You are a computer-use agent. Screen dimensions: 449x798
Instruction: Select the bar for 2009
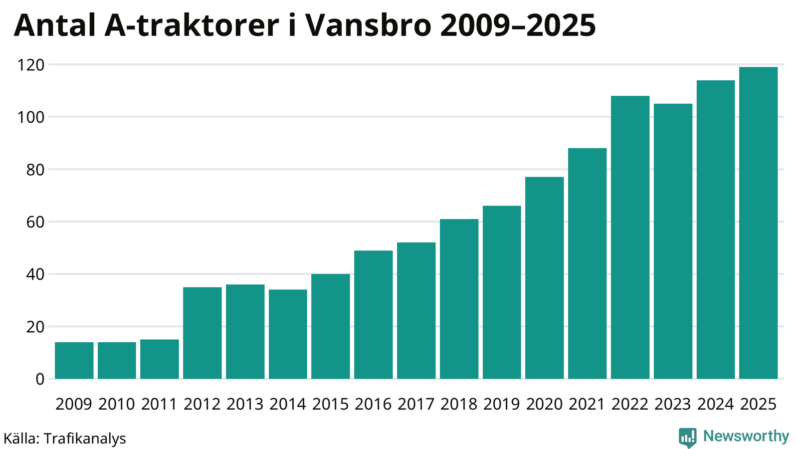click(x=74, y=360)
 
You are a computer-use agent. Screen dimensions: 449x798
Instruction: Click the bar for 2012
click(x=202, y=333)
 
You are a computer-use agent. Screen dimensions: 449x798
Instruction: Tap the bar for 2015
click(x=330, y=326)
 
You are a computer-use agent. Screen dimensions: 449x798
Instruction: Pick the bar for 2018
click(x=459, y=299)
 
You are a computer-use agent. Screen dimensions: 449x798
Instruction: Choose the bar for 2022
click(x=630, y=237)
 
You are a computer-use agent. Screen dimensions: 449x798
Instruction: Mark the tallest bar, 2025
click(x=758, y=223)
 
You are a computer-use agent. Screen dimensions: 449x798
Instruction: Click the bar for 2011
click(x=159, y=359)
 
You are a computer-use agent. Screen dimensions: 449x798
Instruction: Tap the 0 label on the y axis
click(x=39, y=379)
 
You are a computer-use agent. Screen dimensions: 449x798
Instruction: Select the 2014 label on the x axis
click(x=287, y=404)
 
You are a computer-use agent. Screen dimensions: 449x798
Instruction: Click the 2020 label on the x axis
click(x=544, y=404)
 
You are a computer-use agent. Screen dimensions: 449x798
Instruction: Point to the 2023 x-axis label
click(x=672, y=404)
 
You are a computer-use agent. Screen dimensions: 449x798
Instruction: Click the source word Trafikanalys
click(x=85, y=439)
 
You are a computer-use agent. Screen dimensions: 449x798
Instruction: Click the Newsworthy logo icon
click(x=687, y=438)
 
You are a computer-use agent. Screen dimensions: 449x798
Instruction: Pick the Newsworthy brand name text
click(x=746, y=437)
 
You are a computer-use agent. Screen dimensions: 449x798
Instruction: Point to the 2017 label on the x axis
click(x=416, y=404)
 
